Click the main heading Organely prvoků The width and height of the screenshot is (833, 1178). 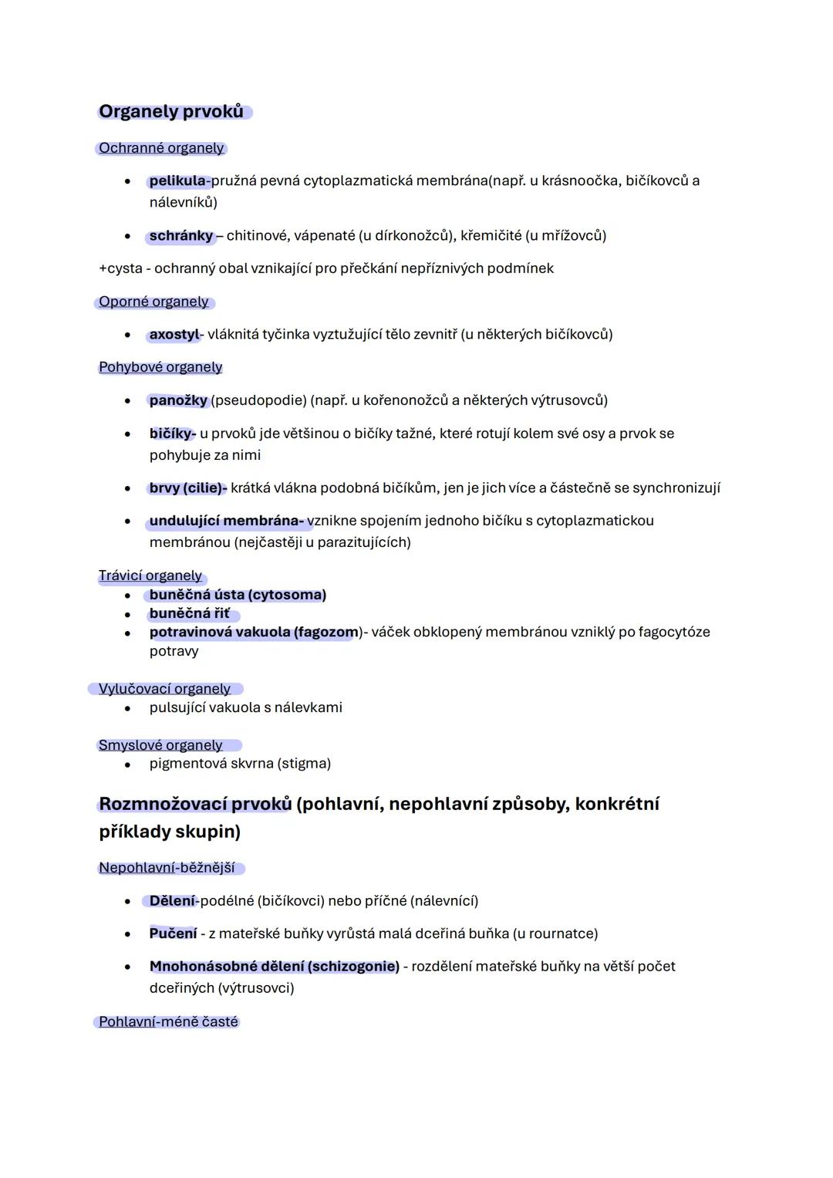pos(171,112)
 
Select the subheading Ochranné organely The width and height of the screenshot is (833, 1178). pos(161,148)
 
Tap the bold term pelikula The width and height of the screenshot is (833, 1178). pos(177,181)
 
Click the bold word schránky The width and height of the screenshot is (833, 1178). pos(181,235)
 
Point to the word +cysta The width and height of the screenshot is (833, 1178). pos(120,268)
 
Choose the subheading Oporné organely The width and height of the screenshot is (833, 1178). pos(153,302)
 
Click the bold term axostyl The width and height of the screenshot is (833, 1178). pos(174,335)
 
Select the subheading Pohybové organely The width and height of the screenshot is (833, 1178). pos(160,367)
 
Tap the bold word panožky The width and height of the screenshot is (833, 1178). pos(178,400)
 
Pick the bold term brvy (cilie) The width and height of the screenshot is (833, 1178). pos(187,488)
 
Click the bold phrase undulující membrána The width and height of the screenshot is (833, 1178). pos(225,521)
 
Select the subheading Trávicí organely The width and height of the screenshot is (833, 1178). pos(150,575)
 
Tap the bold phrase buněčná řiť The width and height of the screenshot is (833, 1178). pos(190,613)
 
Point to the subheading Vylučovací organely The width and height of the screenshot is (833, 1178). pos(164,689)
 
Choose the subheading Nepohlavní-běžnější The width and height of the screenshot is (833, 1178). pos(167,868)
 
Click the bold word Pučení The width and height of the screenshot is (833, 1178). pos(174,933)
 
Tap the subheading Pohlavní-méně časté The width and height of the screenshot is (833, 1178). pos(168,1022)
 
